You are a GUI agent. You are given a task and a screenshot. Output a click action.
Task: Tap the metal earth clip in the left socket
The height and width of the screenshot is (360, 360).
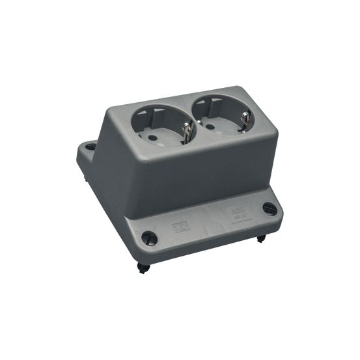pyautogui.click(x=185, y=133)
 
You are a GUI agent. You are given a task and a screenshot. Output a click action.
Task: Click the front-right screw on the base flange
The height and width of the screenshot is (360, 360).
pyautogui.click(x=269, y=208)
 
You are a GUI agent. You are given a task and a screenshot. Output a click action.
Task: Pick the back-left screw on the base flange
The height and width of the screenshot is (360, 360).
pyautogui.click(x=90, y=146)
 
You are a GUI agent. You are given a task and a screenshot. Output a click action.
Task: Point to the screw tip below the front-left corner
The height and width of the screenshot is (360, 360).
pyautogui.click(x=143, y=268)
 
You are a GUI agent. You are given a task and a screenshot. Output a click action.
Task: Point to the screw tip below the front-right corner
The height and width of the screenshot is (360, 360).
pyautogui.click(x=260, y=238)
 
